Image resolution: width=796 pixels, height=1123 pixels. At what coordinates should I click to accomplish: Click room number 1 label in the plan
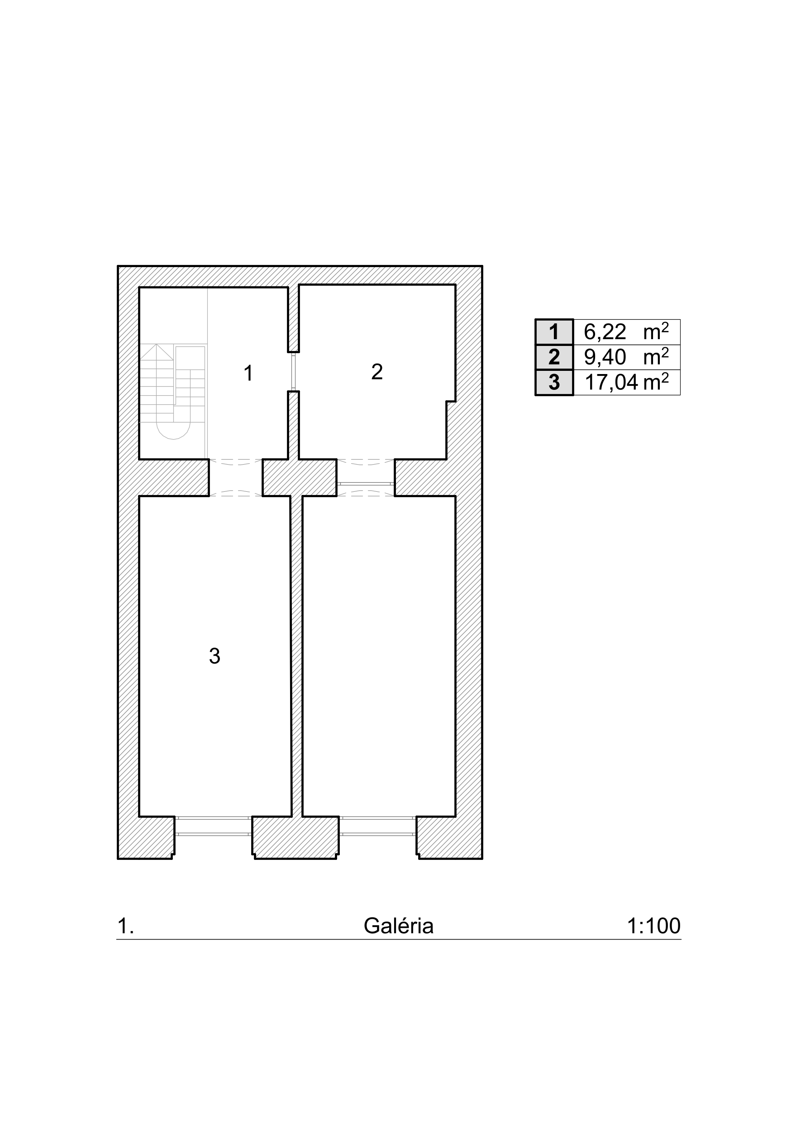pyautogui.click(x=248, y=373)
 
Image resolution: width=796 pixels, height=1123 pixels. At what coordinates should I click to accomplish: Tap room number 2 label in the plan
pyautogui.click(x=377, y=372)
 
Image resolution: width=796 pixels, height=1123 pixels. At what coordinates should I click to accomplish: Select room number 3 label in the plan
pyautogui.click(x=214, y=656)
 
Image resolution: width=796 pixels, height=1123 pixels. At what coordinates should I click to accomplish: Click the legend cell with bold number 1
pyautogui.click(x=554, y=332)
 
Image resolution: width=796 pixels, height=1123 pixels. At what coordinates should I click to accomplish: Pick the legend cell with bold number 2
pyautogui.click(x=554, y=357)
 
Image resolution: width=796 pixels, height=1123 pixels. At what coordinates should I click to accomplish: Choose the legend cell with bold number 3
pyautogui.click(x=554, y=383)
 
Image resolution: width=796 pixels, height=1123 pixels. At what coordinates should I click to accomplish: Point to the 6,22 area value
pyautogui.click(x=605, y=332)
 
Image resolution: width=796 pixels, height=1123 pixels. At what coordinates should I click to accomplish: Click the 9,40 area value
pyautogui.click(x=605, y=357)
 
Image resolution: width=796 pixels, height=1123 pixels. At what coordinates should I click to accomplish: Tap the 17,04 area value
pyautogui.click(x=611, y=383)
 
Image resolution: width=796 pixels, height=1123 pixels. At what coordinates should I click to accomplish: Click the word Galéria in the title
pyautogui.click(x=399, y=926)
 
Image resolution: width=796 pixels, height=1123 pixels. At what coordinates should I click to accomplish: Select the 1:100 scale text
pyautogui.click(x=654, y=926)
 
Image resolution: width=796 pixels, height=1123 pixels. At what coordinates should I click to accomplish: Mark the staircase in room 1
pyautogui.click(x=172, y=391)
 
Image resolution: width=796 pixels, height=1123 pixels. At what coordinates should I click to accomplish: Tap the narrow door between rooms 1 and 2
pyautogui.click(x=294, y=372)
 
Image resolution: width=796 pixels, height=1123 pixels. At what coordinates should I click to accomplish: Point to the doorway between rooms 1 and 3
pyautogui.click(x=236, y=478)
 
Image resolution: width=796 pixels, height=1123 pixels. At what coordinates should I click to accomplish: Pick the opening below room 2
pyautogui.click(x=366, y=478)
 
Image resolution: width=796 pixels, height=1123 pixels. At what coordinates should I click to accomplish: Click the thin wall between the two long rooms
pyautogui.click(x=296, y=656)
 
